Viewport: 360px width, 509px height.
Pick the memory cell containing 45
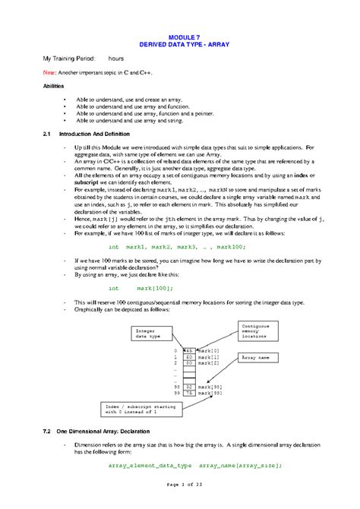click(191, 349)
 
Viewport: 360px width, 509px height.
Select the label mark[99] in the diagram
click(210, 393)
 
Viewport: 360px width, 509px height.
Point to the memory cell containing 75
click(191, 393)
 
